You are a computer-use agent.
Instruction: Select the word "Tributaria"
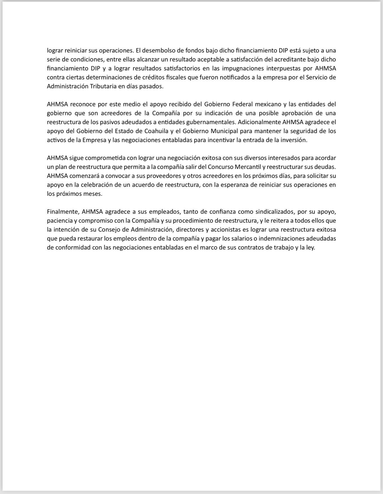pos(104,86)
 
